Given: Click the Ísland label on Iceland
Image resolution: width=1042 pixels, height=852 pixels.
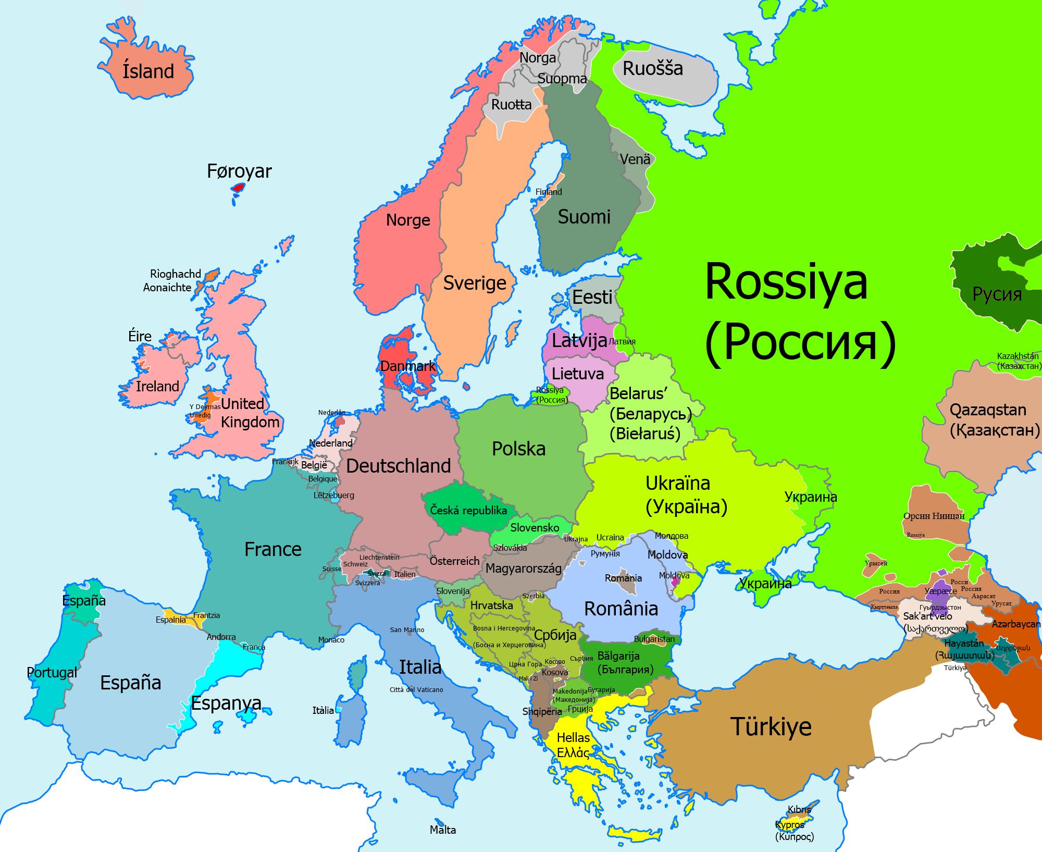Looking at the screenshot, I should click(148, 71).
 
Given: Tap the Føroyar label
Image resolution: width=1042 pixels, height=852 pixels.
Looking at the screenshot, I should click(239, 171).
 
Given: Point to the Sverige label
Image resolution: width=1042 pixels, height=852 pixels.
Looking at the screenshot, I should click(475, 283).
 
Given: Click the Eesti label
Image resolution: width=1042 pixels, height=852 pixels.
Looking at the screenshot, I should click(592, 298).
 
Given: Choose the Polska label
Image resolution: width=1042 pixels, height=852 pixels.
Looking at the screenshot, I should click(518, 449).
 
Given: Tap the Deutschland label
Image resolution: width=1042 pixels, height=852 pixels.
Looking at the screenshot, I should click(398, 466).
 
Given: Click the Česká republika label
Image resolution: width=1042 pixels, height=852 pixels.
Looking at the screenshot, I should click(468, 510).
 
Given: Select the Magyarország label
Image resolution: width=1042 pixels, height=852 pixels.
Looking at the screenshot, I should click(524, 569).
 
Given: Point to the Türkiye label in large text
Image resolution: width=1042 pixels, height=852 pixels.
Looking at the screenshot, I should click(771, 726).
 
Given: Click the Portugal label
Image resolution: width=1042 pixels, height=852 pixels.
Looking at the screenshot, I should click(52, 673).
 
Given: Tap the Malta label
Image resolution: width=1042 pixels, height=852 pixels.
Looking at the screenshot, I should click(443, 830).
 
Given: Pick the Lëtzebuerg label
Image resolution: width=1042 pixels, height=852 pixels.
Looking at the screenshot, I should click(334, 495).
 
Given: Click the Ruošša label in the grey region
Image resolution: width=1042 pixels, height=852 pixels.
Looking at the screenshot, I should click(652, 69).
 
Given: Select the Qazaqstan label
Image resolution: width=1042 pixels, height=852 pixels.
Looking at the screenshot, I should click(987, 410).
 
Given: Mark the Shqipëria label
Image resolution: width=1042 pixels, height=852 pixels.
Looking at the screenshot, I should click(542, 711).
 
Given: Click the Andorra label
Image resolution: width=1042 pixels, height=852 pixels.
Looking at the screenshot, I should click(221, 637).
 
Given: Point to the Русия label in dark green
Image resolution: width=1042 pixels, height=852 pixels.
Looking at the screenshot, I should click(997, 294).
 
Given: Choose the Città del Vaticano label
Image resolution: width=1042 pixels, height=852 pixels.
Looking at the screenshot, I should click(416, 689).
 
